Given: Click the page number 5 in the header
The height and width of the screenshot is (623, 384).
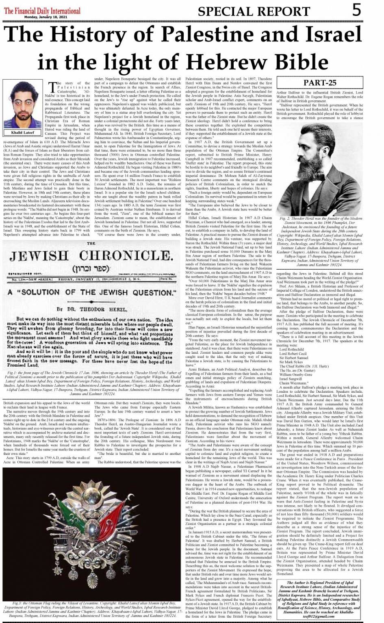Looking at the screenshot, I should pos(356,10).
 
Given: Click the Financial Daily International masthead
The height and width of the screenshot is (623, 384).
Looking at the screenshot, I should pos(42,11).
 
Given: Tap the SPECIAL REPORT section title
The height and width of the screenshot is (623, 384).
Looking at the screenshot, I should pos(254,11).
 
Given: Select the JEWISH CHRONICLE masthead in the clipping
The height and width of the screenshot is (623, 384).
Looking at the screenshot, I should pos(91,256).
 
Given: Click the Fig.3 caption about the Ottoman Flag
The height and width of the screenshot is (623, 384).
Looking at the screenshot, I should pos(91,610).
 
